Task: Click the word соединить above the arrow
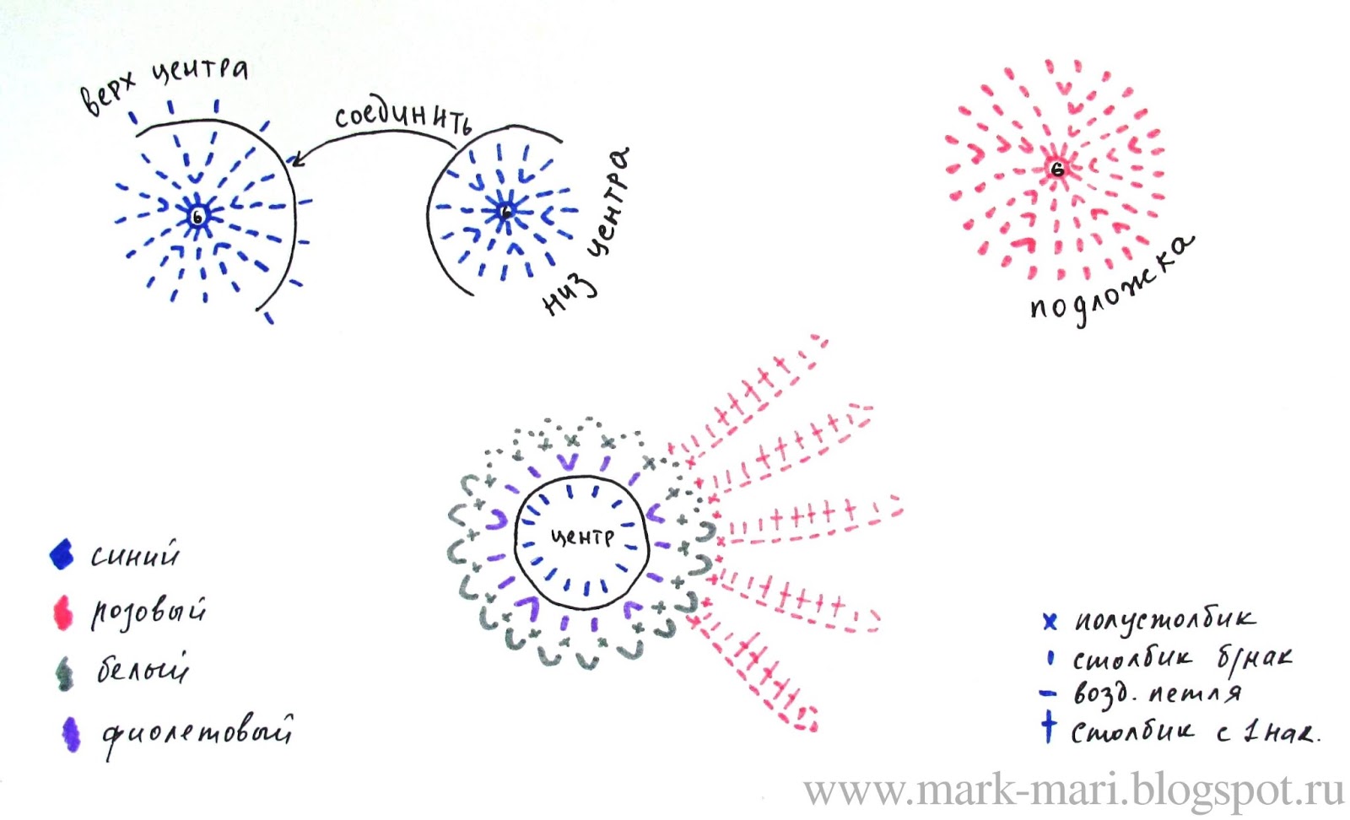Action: [x=402, y=118]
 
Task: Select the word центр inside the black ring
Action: [x=581, y=537]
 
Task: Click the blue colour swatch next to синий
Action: [x=62, y=555]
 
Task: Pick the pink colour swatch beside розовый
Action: [x=62, y=613]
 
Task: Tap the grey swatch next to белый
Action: [x=64, y=673]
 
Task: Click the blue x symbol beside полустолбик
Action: [x=1049, y=622]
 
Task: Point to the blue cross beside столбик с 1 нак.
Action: [x=1048, y=726]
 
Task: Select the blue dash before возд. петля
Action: [x=1048, y=694]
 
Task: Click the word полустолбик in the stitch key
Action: [x=1164, y=620]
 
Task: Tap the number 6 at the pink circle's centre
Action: [x=1057, y=169]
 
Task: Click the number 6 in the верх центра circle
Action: [x=197, y=217]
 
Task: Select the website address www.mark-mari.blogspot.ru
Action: [x=1073, y=790]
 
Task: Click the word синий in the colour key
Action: [x=135, y=555]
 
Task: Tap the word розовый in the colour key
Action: [x=148, y=612]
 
